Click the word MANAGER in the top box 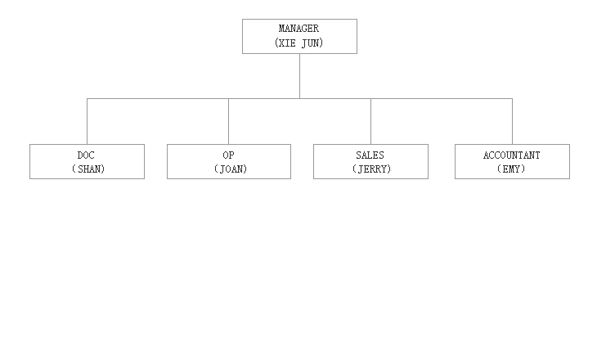[x=298, y=29]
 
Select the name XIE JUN [x=298, y=43]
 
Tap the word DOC [x=86, y=155]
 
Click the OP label [x=228, y=155]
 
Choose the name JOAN [x=231, y=169]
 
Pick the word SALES [x=370, y=155]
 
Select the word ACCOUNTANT [x=512, y=155]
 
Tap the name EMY [x=511, y=169]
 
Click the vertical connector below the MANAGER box [x=299, y=76]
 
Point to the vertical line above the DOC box [x=88, y=121]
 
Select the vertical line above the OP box [x=228, y=121]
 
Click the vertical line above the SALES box [x=370, y=121]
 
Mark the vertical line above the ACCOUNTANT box [x=512, y=121]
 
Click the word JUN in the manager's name [x=310, y=43]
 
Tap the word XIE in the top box [x=287, y=43]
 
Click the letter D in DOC [x=80, y=155]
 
